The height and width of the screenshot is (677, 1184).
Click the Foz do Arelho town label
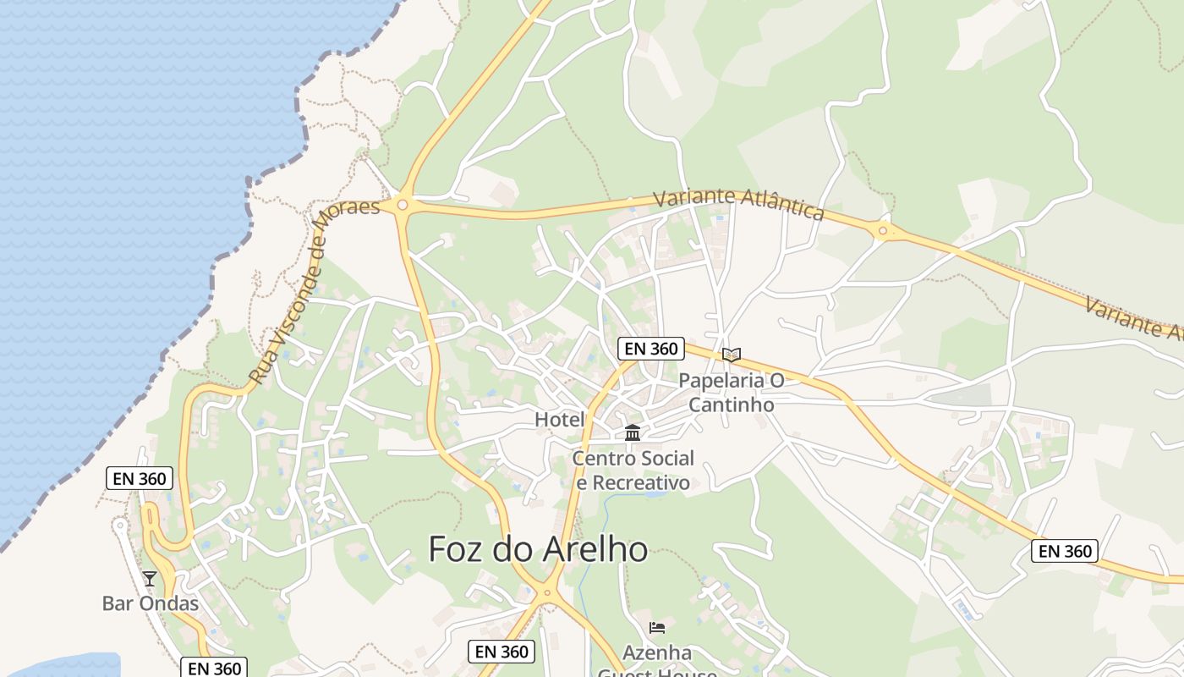[x=538, y=549]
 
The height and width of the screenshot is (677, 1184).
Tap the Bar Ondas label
[x=151, y=603]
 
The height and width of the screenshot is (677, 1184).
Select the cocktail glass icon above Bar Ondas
[x=150, y=579]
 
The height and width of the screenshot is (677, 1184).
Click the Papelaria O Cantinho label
[x=732, y=393]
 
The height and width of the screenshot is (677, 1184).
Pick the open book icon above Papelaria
[x=732, y=355]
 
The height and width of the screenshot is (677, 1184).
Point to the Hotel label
[x=560, y=419]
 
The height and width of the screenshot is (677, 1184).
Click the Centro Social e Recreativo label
[x=633, y=471]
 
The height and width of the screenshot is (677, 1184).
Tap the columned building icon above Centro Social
[x=632, y=433]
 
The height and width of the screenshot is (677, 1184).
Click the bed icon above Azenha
[x=657, y=628]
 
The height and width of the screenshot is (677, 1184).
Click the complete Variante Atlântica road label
[x=738, y=203]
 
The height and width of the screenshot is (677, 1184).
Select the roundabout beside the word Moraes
[x=403, y=205]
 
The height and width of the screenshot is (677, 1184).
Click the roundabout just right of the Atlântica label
[x=883, y=229]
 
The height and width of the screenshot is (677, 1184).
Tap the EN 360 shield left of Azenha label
[x=502, y=652]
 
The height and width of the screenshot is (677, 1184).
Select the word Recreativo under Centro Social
[x=633, y=483]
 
